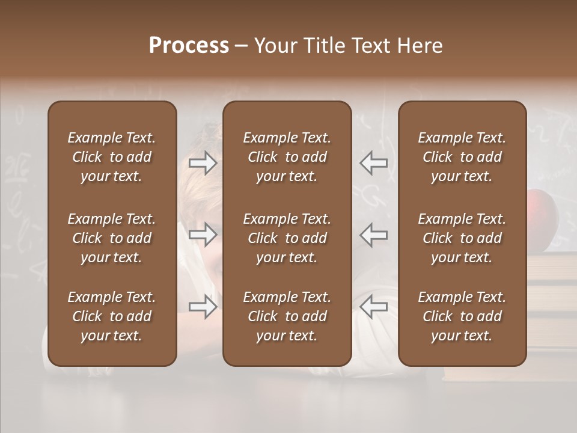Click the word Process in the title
(189, 46)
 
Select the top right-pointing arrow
(203, 162)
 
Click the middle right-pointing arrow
(203, 235)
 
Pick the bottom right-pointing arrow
(203, 307)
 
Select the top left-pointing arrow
(374, 162)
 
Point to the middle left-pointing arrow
(374, 235)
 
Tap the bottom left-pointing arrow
(374, 307)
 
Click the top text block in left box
(112, 157)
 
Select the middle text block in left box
(112, 238)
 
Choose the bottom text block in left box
(112, 316)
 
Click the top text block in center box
(287, 157)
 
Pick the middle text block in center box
(287, 238)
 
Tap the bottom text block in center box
(287, 316)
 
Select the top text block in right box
(462, 157)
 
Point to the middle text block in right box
(462, 238)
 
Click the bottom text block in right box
(462, 316)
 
